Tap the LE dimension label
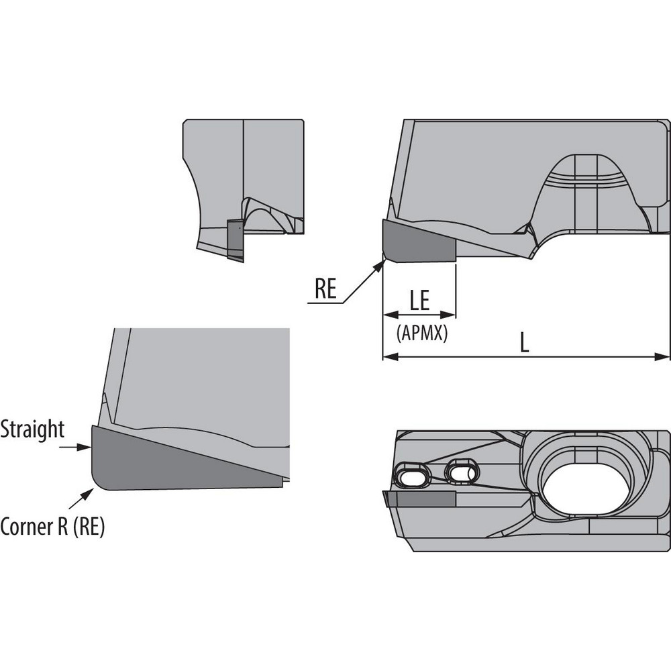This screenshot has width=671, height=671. [x=419, y=299]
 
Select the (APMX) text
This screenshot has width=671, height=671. [x=421, y=332]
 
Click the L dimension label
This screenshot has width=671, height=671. [x=525, y=343]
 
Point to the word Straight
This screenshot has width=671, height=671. [x=32, y=429]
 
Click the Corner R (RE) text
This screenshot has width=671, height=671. [x=52, y=527]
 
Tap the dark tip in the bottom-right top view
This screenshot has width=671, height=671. [x=419, y=499]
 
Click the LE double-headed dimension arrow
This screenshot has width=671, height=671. [x=419, y=315]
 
